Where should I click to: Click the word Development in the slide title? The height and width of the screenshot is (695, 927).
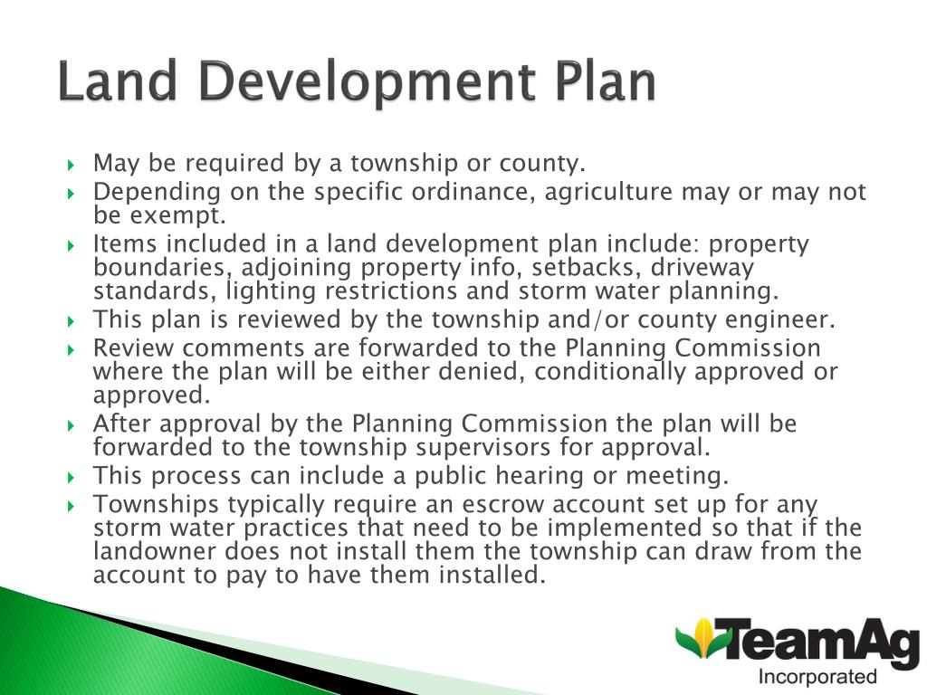(370, 83)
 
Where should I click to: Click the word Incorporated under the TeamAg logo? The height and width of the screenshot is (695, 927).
(817, 677)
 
